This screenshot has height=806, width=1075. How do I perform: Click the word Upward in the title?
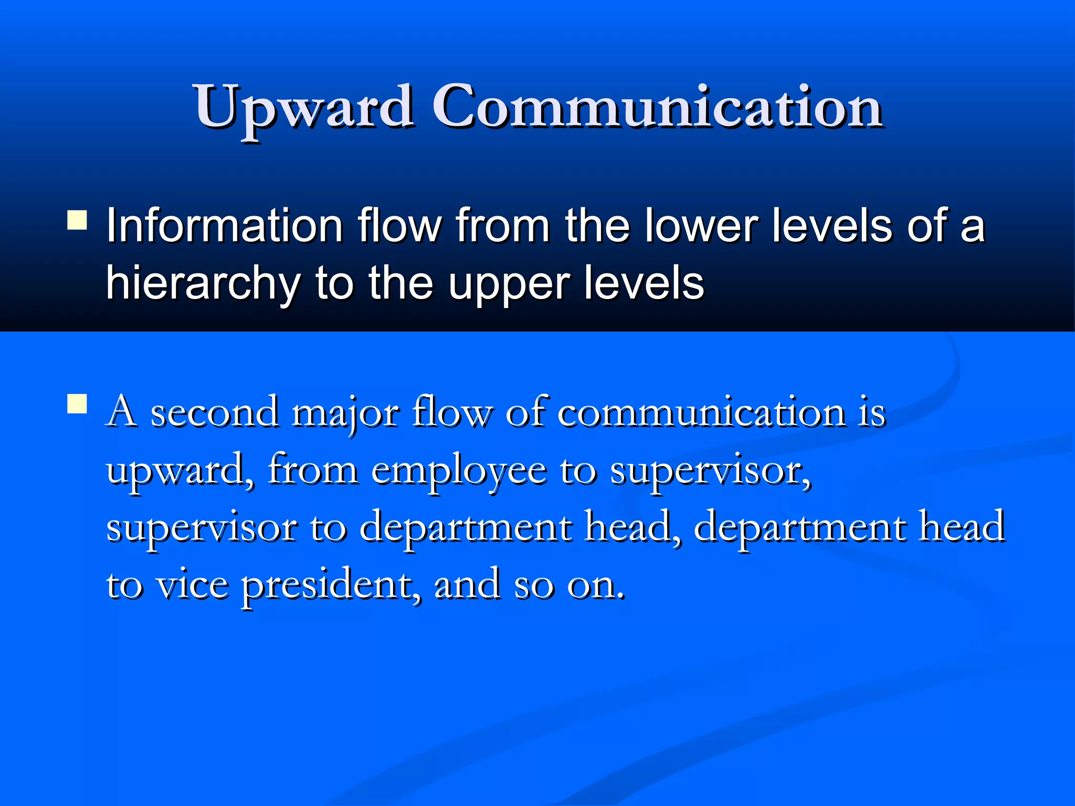(304, 107)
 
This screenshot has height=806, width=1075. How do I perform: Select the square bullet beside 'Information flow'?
(77, 220)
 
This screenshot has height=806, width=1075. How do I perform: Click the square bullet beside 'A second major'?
(77, 404)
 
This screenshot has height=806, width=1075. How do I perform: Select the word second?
(214, 412)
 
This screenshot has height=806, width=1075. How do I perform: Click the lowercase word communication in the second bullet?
(701, 412)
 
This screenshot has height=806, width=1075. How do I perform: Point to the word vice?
(193, 585)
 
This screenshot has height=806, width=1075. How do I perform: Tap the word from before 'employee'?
(313, 469)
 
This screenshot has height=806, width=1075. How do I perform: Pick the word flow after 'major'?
(451, 412)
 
